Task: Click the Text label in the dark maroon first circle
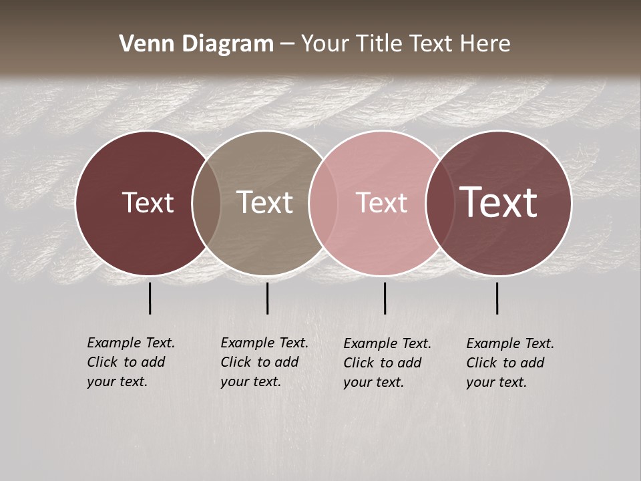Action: coord(148,202)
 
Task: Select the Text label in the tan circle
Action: coord(264,202)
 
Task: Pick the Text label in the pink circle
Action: coord(381,202)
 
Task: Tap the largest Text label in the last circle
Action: coord(499,202)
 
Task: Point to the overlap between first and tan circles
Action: coord(206,203)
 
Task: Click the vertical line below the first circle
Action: coord(150,298)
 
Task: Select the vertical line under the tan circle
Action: coord(267,298)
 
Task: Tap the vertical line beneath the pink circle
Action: coord(385,298)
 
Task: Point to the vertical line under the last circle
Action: coord(497,298)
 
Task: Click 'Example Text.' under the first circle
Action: coord(131,343)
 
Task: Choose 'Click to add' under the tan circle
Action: coord(259,362)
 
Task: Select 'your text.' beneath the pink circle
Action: coord(374,383)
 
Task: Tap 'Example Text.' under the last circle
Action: coord(510,344)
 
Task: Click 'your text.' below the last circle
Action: coord(497,383)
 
